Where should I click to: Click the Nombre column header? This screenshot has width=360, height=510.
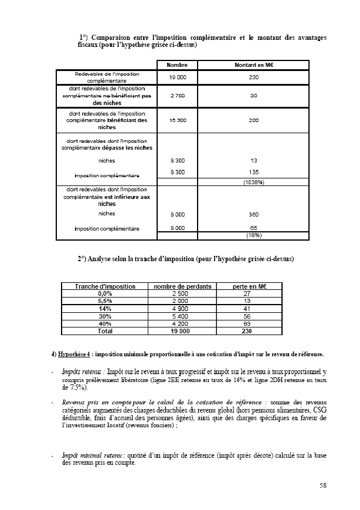[x=176, y=65]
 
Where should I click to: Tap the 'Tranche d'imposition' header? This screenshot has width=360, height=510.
[x=106, y=286]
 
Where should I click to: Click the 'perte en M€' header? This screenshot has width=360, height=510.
[x=246, y=286]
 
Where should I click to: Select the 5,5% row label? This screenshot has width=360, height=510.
[x=106, y=300]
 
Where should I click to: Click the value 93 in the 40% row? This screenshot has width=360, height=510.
[x=246, y=323]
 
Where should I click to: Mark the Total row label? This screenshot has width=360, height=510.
[x=106, y=331]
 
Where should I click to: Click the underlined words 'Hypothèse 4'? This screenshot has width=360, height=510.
[x=74, y=354]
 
